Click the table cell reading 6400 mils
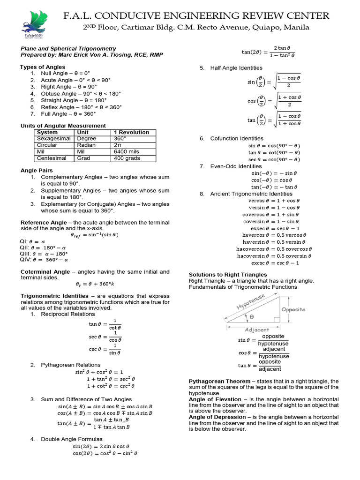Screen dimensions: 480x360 (x=124, y=152)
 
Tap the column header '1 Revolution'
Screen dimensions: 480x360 (x=132, y=132)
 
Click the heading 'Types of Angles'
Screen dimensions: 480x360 (x=42, y=67)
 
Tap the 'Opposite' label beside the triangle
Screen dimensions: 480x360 (x=293, y=309)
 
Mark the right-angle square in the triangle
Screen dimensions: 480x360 (x=276, y=319)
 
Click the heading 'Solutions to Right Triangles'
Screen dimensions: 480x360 (x=228, y=274)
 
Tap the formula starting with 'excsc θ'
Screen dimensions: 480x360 (x=268, y=263)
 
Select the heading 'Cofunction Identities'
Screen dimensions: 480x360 (x=237, y=138)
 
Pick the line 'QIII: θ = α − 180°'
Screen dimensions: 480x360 (x=45, y=254)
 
